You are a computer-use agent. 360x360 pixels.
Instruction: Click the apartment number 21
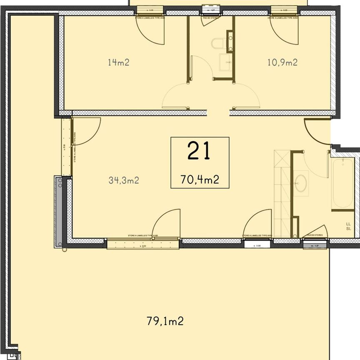[x=199, y=151]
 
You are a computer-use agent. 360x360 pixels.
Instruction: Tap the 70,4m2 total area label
[x=200, y=180]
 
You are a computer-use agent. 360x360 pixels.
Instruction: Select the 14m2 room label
[x=118, y=63]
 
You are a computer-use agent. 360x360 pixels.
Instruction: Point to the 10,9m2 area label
[x=282, y=62]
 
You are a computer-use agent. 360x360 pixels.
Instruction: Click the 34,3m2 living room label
[x=123, y=180]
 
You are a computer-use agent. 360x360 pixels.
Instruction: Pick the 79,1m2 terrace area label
[x=165, y=321]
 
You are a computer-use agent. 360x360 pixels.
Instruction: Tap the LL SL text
[x=348, y=226]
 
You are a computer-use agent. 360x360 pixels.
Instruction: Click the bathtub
[x=342, y=183]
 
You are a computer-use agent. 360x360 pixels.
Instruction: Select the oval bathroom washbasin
[x=300, y=183]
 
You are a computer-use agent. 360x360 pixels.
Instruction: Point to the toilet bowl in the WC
[x=217, y=44]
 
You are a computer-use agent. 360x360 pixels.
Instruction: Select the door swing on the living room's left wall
[x=85, y=131]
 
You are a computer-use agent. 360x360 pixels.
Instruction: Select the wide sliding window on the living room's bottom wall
[x=143, y=243]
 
